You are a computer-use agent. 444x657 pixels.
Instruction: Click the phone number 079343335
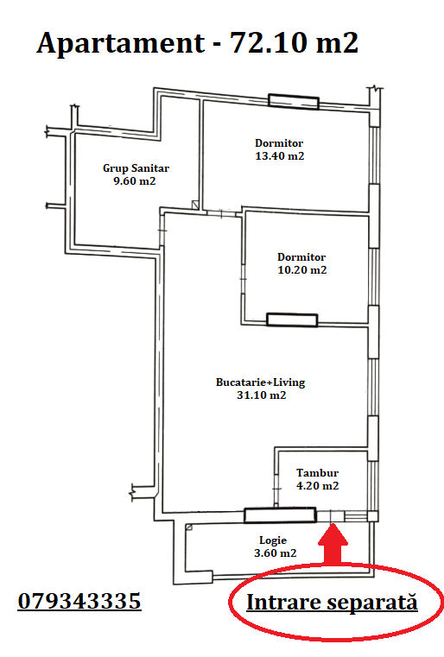point(79,601)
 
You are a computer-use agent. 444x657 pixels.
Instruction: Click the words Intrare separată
point(332,602)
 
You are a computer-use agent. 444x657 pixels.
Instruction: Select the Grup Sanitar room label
point(136,168)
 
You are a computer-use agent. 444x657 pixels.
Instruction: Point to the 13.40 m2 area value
point(280,156)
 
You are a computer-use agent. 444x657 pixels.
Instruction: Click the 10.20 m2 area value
point(301,270)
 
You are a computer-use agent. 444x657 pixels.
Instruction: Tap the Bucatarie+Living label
point(260,382)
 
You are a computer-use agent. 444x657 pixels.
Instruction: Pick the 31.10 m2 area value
point(261,395)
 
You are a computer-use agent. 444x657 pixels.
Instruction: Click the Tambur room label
point(317,472)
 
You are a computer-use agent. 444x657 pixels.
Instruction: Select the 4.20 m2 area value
point(317,485)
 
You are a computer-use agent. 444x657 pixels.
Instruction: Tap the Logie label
point(273,540)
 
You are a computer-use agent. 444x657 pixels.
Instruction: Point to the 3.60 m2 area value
point(275,553)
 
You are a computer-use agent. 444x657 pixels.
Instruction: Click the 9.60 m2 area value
point(135,181)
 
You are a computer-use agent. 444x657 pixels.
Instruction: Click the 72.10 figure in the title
point(269,43)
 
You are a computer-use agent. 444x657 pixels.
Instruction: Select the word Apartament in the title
point(121,44)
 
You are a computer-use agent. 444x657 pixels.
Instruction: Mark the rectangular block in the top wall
point(294,102)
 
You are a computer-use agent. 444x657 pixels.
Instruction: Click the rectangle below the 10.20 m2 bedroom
point(292,319)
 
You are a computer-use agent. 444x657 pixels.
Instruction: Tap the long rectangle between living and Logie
point(280,515)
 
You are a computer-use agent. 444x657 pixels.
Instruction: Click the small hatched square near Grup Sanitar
point(195,205)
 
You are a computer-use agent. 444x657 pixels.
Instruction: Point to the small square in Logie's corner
point(189,527)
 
